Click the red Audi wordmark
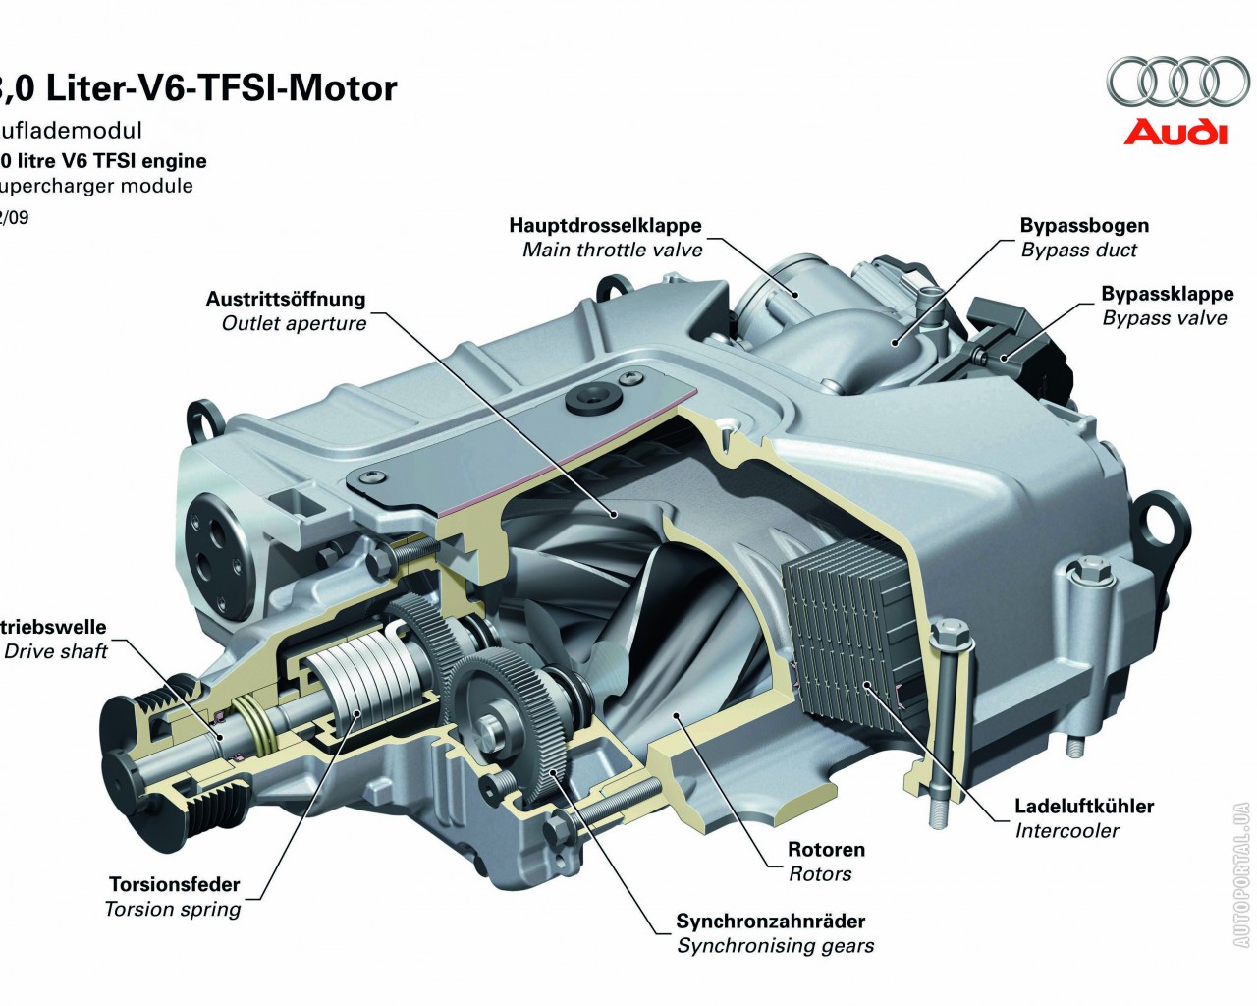click(1175, 132)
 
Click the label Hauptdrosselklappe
click(605, 225)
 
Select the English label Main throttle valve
click(612, 250)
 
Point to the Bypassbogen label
click(1083, 225)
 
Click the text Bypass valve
click(1164, 318)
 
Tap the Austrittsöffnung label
click(285, 299)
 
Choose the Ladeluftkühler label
click(1083, 807)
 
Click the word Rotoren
click(826, 850)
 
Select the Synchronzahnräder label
click(770, 922)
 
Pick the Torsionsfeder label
click(174, 884)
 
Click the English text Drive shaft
click(56, 651)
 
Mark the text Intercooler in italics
click(1066, 831)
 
